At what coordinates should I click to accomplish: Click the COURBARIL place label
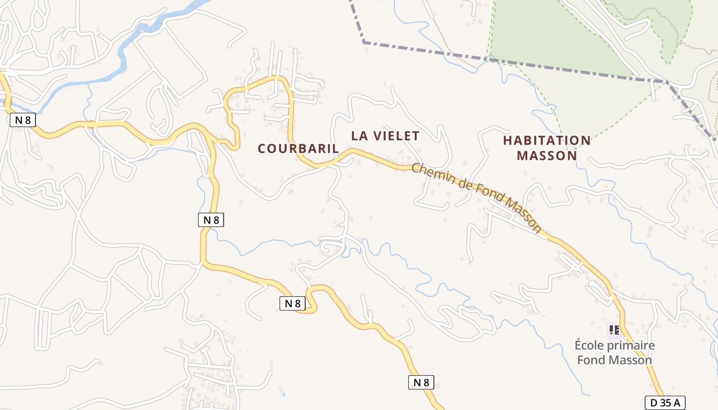[298, 149]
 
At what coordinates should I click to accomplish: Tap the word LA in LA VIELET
[360, 136]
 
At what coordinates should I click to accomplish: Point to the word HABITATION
[547, 140]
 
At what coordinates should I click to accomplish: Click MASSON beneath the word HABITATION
[547, 155]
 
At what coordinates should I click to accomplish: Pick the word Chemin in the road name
[431, 175]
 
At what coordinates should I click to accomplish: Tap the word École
[589, 345]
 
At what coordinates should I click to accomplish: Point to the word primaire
[631, 345]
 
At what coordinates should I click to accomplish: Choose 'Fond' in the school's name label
[590, 360]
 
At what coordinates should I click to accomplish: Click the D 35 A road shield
[665, 403]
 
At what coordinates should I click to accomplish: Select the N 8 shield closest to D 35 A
[421, 382]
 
